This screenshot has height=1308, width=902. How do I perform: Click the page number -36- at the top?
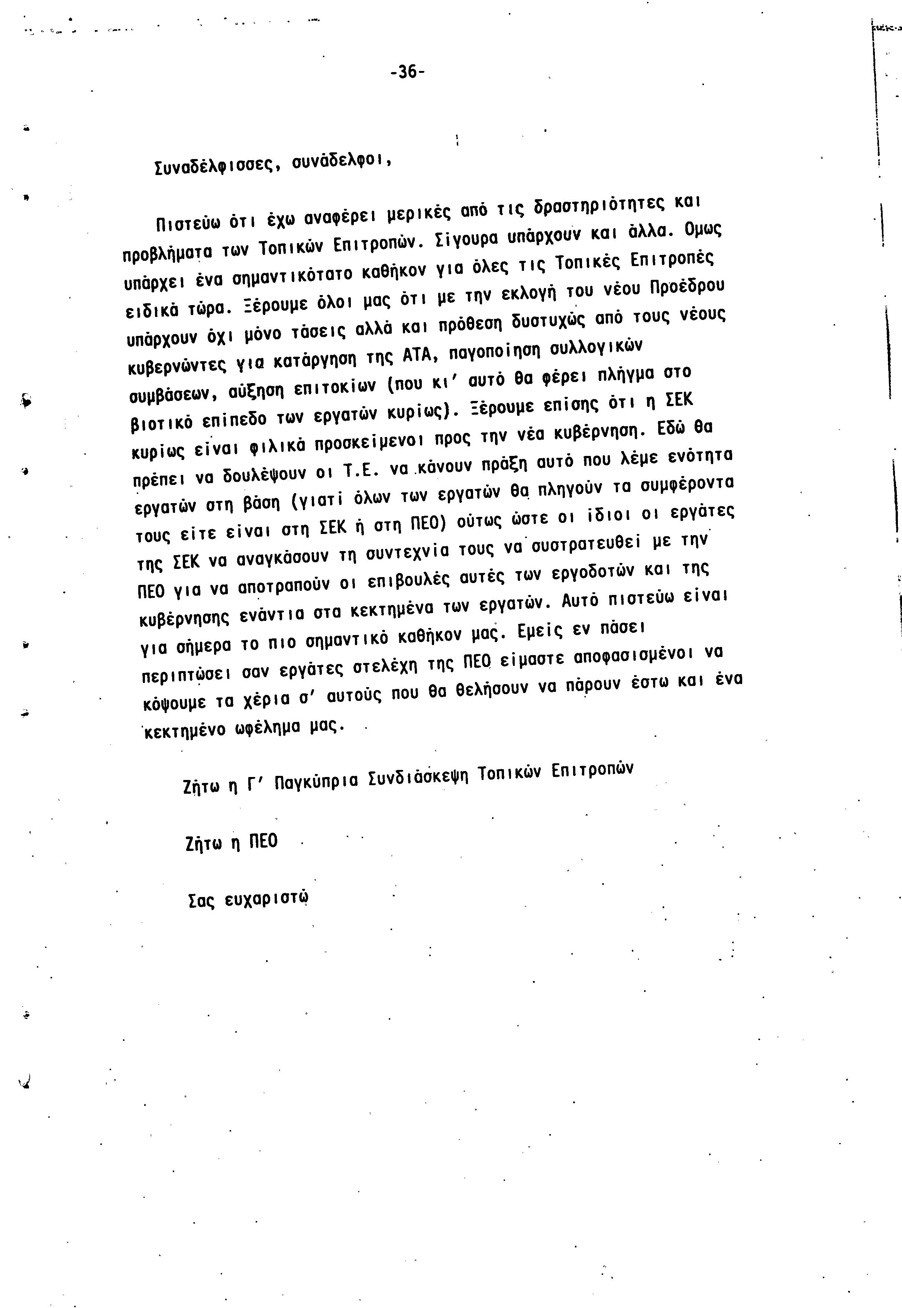(x=407, y=72)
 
